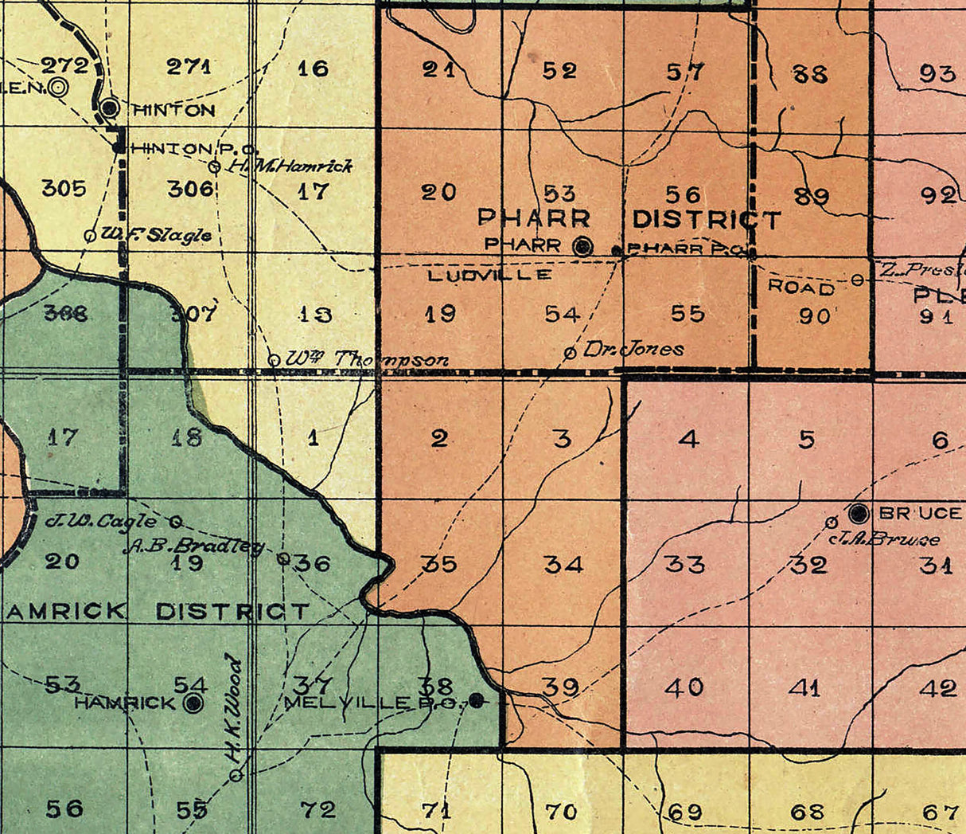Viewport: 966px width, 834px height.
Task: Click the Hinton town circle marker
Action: pyautogui.click(x=111, y=107)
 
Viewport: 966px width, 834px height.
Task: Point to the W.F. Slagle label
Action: pyautogui.click(x=157, y=235)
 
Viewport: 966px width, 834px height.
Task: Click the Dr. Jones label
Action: pyautogui.click(x=633, y=349)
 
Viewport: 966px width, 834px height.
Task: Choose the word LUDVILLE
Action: pyautogui.click(x=489, y=275)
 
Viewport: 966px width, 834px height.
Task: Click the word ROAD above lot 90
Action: pyautogui.click(x=801, y=288)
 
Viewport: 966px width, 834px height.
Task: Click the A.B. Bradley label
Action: pyautogui.click(x=193, y=546)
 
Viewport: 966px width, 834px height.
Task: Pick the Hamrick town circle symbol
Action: pyautogui.click(x=193, y=703)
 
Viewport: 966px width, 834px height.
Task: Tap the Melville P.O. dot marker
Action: pyautogui.click(x=476, y=701)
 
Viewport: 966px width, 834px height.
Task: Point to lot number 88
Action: pyautogui.click(x=810, y=74)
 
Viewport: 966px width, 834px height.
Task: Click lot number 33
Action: pyautogui.click(x=684, y=564)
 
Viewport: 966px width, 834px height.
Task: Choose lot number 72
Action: pyautogui.click(x=318, y=810)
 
